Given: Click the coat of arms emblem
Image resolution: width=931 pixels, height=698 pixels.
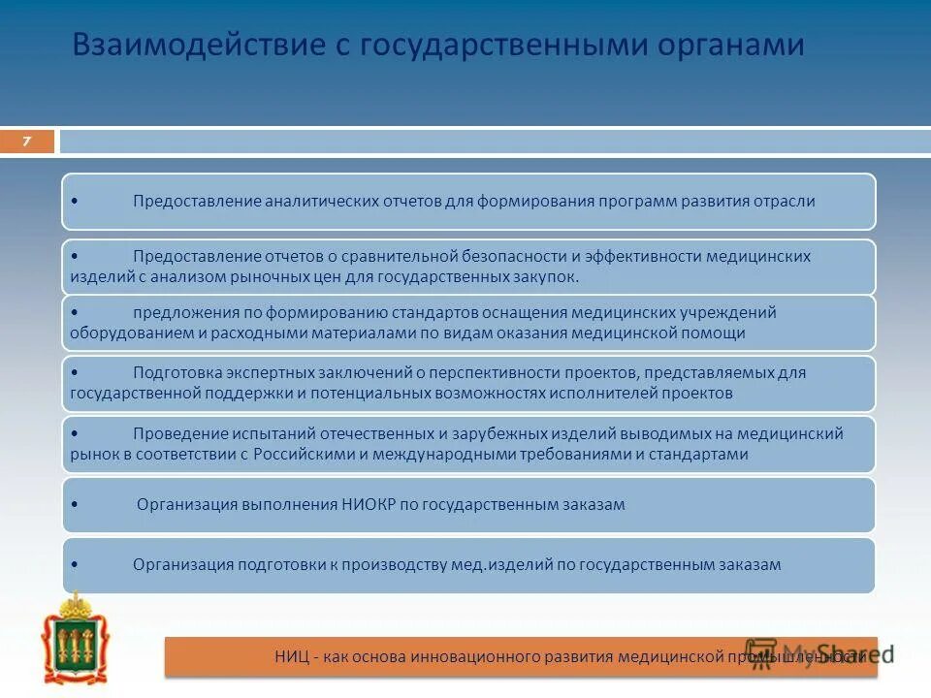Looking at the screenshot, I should pos(76,641).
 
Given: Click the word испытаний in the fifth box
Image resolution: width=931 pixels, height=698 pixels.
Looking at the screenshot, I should pos(265,433).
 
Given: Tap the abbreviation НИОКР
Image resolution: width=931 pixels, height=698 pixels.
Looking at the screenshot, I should pos(370,504).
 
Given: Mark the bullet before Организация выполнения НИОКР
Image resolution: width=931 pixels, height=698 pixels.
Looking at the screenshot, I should pos(76,505).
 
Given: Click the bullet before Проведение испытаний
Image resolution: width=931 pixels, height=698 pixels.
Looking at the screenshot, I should pos(76,433).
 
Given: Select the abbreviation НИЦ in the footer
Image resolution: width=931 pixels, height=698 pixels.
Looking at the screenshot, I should pos(289,656).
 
